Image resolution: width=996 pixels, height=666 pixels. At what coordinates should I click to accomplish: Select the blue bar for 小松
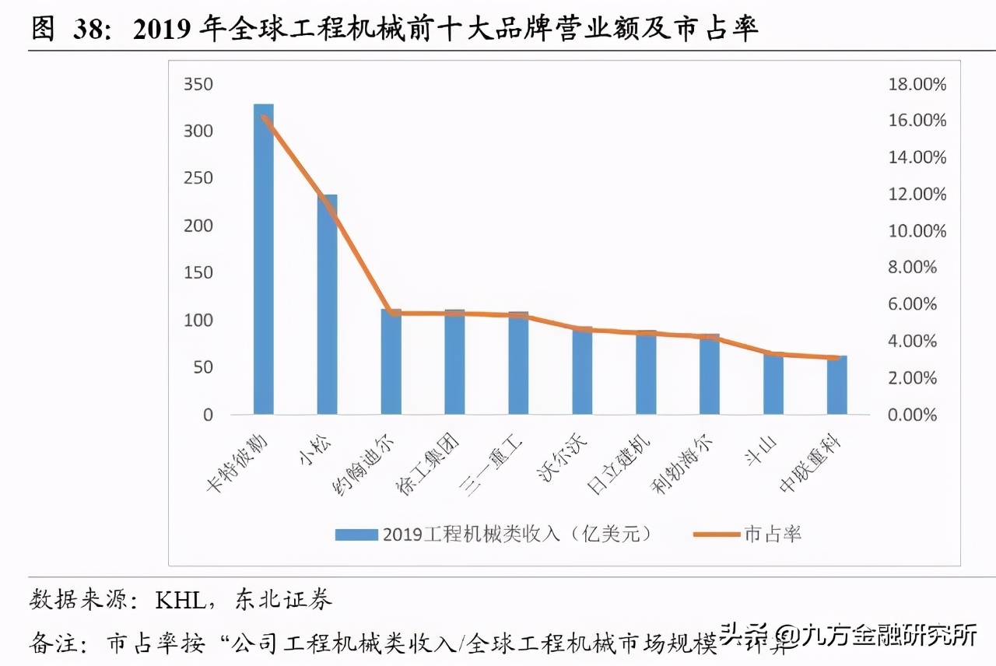click(x=327, y=304)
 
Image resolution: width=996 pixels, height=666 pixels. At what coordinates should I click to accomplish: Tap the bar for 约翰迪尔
click(x=391, y=362)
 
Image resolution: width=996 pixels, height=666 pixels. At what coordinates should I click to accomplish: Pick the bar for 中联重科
click(x=837, y=385)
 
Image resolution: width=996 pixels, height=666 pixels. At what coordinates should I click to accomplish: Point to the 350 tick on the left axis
click(x=198, y=84)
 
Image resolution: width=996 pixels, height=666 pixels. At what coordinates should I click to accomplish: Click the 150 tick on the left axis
click(x=198, y=273)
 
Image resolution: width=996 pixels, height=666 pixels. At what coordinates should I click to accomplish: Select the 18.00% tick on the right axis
click(x=917, y=84)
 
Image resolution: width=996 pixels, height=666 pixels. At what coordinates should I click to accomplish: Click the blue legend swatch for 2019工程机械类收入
click(x=356, y=534)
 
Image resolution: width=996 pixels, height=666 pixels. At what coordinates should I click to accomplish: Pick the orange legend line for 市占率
click(x=716, y=534)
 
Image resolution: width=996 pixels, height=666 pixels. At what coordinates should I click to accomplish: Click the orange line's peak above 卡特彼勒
click(x=264, y=118)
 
